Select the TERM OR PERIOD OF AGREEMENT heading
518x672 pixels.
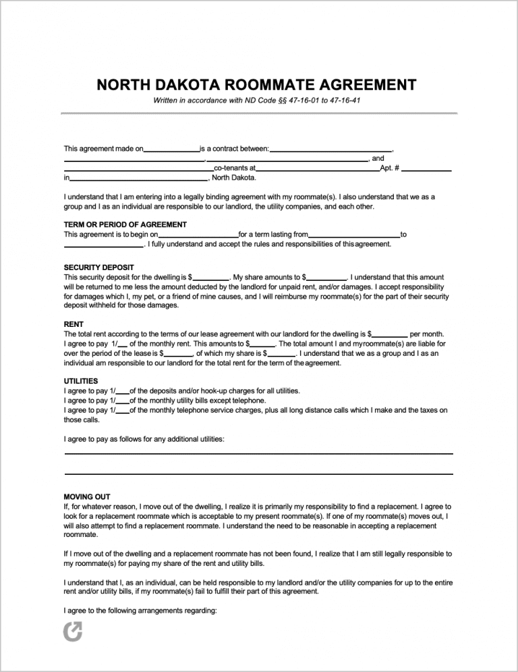[x=125, y=224]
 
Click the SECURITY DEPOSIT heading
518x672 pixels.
[x=98, y=267]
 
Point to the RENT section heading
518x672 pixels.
[x=74, y=324]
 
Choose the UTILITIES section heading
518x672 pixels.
[x=81, y=381]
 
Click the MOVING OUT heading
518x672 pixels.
[x=87, y=496]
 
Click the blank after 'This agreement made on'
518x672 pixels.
[x=171, y=150]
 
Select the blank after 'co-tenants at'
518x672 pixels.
[x=318, y=170]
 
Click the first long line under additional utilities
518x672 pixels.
[x=258, y=453]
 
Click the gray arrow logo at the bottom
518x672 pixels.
[x=71, y=631]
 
